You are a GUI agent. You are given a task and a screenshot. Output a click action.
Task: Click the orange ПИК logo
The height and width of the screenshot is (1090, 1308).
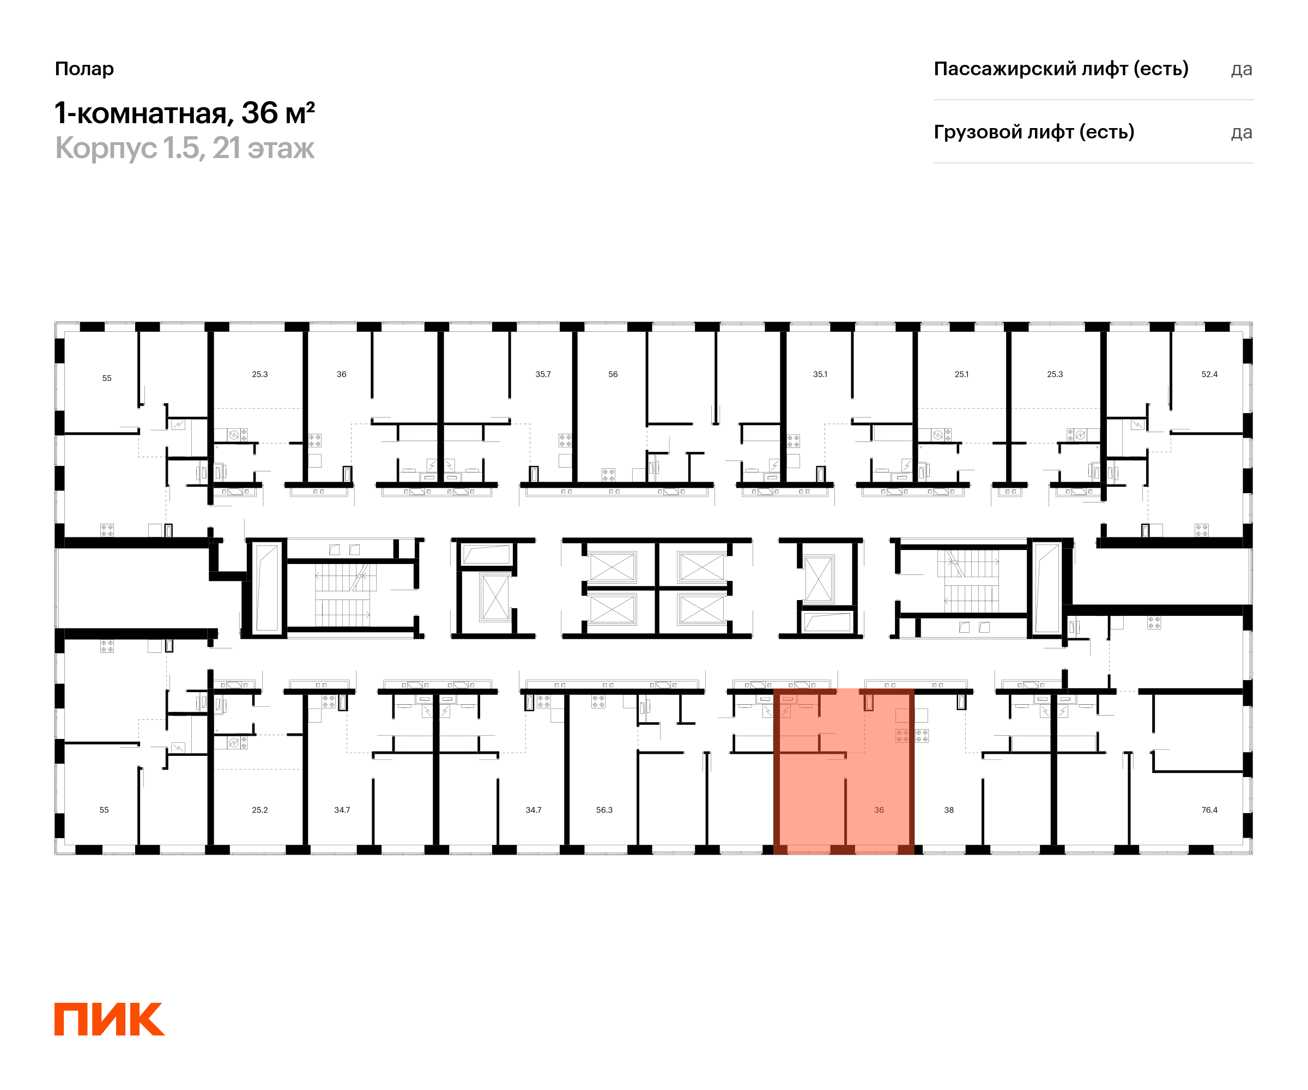pos(109,1019)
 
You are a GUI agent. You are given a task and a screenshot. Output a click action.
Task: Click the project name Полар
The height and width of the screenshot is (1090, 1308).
pos(84,69)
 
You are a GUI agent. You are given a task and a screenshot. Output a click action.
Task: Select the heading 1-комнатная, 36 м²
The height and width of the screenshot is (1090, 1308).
pos(184,113)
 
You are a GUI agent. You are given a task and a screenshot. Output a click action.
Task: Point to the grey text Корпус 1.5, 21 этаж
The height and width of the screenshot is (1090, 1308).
pos(184,148)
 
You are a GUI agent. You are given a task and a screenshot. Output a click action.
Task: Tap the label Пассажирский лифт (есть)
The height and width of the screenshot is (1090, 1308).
pos(1061,69)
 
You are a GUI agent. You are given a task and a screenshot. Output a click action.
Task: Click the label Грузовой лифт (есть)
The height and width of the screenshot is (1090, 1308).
pos(1033,132)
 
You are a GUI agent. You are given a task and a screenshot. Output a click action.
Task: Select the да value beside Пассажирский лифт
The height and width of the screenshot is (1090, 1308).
pos(1241,69)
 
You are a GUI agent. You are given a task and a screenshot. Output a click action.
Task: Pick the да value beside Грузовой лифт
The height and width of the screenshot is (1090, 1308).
pos(1241,132)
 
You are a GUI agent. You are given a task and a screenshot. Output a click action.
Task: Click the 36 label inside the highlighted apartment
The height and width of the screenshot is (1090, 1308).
pos(878,810)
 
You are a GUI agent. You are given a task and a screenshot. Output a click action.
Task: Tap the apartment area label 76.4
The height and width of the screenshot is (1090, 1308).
pos(1209,810)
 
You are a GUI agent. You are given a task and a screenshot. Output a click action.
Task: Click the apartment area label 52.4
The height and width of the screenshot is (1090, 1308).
pos(1209,374)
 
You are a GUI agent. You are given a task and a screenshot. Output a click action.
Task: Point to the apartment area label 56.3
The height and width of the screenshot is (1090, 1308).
pos(604,810)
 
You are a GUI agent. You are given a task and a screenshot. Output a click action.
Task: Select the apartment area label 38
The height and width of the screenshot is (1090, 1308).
pos(949,810)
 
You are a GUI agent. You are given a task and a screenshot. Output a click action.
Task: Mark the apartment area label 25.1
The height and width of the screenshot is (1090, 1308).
pos(961,374)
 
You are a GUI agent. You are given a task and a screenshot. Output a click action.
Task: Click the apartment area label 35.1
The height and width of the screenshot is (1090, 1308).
pos(820,374)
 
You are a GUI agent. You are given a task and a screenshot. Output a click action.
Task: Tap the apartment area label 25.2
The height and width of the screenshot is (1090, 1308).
pos(260,810)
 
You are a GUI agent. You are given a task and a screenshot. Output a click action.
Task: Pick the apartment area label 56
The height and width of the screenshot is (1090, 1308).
pos(613,374)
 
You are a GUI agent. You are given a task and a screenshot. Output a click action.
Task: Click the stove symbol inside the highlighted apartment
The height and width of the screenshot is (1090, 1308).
pos(912,736)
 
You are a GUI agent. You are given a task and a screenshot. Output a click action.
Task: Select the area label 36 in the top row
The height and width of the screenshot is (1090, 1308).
pos(341,374)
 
